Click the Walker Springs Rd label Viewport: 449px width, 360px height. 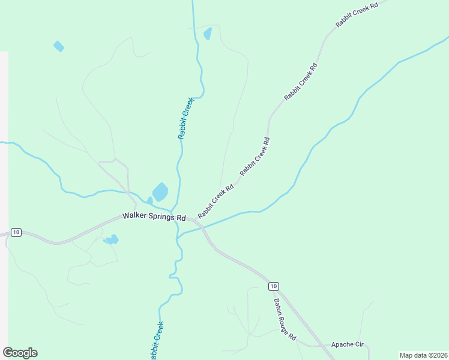click(154, 216)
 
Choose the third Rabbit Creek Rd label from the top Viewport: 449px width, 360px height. click(255, 157)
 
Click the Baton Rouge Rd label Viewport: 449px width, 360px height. click(285, 320)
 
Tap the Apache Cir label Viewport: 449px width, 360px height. click(348, 346)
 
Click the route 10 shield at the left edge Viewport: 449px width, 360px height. click(16, 232)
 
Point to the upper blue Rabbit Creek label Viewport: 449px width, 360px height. click(186, 118)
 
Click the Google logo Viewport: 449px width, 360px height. click(20, 353)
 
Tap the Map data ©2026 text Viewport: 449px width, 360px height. click(423, 355)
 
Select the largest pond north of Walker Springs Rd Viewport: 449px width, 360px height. click(160, 192)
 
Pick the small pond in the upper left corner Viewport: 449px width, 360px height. click(58, 46)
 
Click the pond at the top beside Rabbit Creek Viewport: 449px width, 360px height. click(208, 34)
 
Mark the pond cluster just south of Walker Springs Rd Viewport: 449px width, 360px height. click(111, 240)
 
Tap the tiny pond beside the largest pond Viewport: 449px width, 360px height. click(149, 200)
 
